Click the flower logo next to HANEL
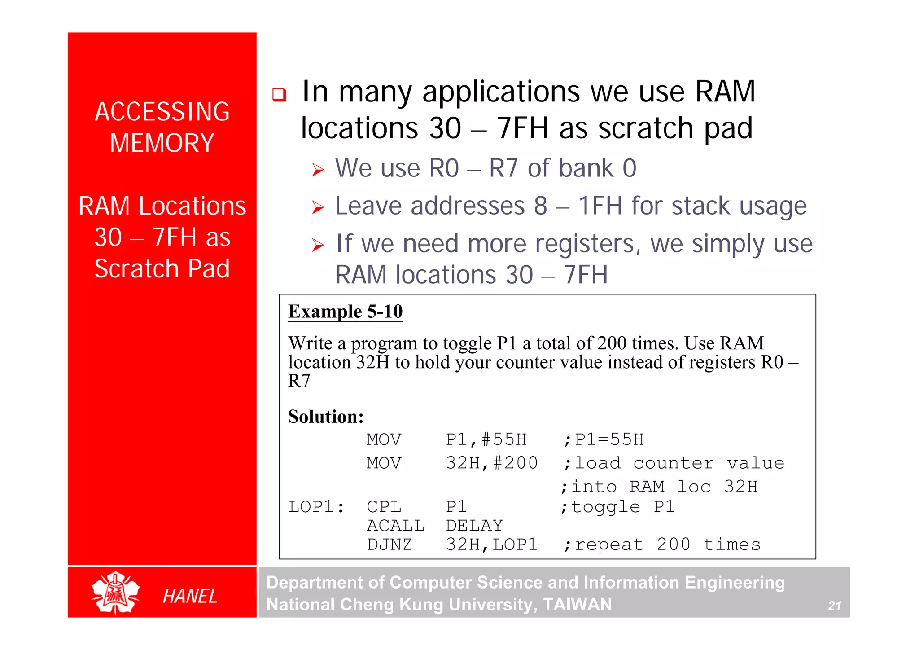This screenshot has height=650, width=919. [x=116, y=593]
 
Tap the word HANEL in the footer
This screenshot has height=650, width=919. [x=190, y=596]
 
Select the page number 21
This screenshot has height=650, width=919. [x=834, y=606]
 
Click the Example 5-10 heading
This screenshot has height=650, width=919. [x=345, y=312]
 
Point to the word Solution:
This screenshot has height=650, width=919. [x=326, y=417]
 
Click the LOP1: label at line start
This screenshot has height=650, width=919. [x=316, y=507]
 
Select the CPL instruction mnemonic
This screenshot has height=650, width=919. [x=384, y=507]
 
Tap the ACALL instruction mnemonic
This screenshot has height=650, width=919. [x=395, y=526]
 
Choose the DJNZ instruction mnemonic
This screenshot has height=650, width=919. [x=389, y=545]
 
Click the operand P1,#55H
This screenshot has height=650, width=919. [x=486, y=439]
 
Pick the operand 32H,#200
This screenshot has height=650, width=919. [x=491, y=463]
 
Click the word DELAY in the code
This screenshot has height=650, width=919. [x=474, y=526]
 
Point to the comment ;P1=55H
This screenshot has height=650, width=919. [x=604, y=439]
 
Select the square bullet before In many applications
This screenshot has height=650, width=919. [x=279, y=95]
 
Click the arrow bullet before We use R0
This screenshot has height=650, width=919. [x=318, y=170]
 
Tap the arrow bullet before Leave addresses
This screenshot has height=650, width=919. [x=318, y=207]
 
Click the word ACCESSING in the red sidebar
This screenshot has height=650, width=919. [x=162, y=112]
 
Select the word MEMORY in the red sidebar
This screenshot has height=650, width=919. [x=162, y=143]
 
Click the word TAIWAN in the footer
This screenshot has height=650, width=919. [x=577, y=605]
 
